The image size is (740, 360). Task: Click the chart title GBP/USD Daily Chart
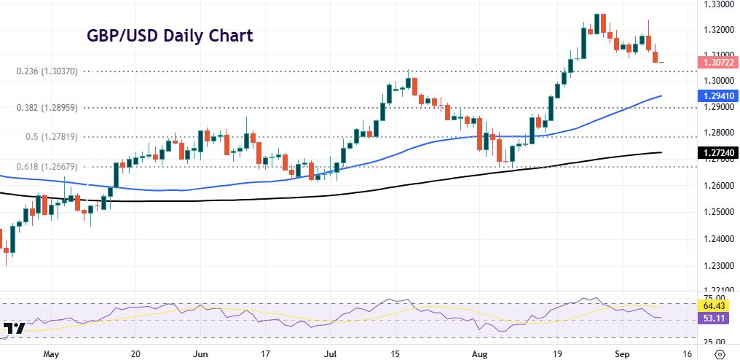[170, 36]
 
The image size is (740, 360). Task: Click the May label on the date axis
[50, 352]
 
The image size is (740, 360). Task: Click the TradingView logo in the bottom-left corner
[14, 329]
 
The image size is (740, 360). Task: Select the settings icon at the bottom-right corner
[721, 353]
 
